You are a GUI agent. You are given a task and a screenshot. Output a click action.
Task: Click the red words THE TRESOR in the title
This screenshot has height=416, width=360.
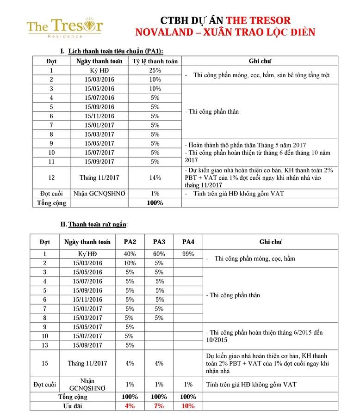tap(258, 20)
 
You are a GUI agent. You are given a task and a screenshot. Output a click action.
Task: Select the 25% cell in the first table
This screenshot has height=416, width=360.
tap(155, 70)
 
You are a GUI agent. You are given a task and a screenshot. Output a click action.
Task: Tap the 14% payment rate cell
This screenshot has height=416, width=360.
tap(155, 177)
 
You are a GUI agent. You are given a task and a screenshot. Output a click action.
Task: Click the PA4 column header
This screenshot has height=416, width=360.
tap(188, 242)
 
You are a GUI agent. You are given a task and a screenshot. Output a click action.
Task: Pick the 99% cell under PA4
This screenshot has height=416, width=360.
tap(188, 254)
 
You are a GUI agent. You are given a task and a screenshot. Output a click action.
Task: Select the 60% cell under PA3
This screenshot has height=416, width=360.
tap(159, 254)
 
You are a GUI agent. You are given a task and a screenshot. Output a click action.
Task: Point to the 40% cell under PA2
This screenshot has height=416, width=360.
tap(130, 254)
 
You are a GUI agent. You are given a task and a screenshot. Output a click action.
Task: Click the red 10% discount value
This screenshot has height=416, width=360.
tap(188, 406)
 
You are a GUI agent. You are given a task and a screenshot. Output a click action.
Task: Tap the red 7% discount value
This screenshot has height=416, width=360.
tap(159, 406)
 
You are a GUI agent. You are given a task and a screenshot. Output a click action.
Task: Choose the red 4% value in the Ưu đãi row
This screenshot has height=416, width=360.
tap(130, 406)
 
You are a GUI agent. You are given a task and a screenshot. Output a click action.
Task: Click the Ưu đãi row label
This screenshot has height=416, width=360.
tap(73, 406)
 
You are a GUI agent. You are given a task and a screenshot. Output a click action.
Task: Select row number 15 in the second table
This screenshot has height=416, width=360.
tap(45, 363)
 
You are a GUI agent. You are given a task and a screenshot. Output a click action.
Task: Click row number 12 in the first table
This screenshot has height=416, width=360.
tap(51, 177)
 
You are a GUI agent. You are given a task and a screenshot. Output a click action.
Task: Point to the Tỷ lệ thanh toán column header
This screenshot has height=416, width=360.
tap(155, 61)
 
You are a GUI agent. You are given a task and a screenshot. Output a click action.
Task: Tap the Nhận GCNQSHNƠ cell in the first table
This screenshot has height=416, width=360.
tap(98, 194)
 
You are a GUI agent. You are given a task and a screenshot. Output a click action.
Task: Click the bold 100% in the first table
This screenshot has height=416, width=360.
tap(155, 203)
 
